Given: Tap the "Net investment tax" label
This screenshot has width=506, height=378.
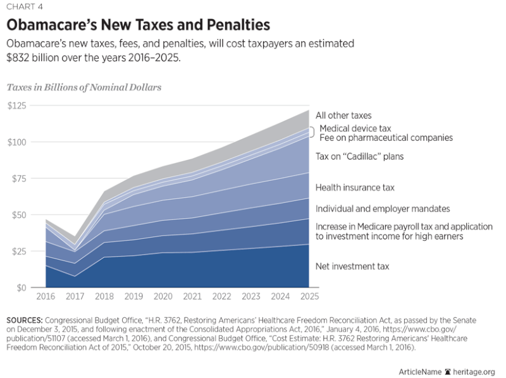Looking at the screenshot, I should [352, 267].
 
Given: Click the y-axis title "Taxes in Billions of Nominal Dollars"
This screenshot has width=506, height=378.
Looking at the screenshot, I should [83, 87].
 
